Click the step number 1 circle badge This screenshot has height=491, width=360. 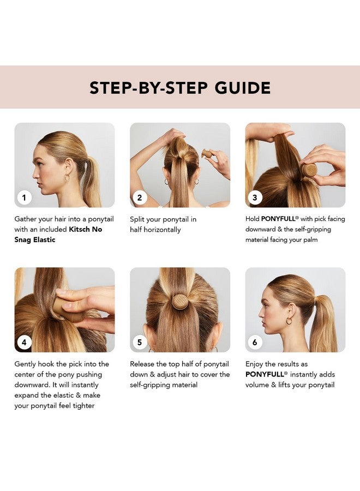pos(24,197)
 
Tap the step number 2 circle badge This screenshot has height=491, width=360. pos(140,197)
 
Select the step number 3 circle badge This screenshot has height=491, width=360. pos(255,197)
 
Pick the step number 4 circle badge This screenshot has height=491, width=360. pos(24,343)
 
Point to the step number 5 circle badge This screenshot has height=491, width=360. pos(140,343)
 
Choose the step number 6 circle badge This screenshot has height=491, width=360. pos(255,343)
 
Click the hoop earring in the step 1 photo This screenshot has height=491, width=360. pos(67,177)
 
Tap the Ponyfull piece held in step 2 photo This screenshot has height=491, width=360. pos(208,154)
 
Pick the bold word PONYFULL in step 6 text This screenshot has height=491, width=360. pos(265,375)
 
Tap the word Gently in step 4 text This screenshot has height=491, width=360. pos(26,364)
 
